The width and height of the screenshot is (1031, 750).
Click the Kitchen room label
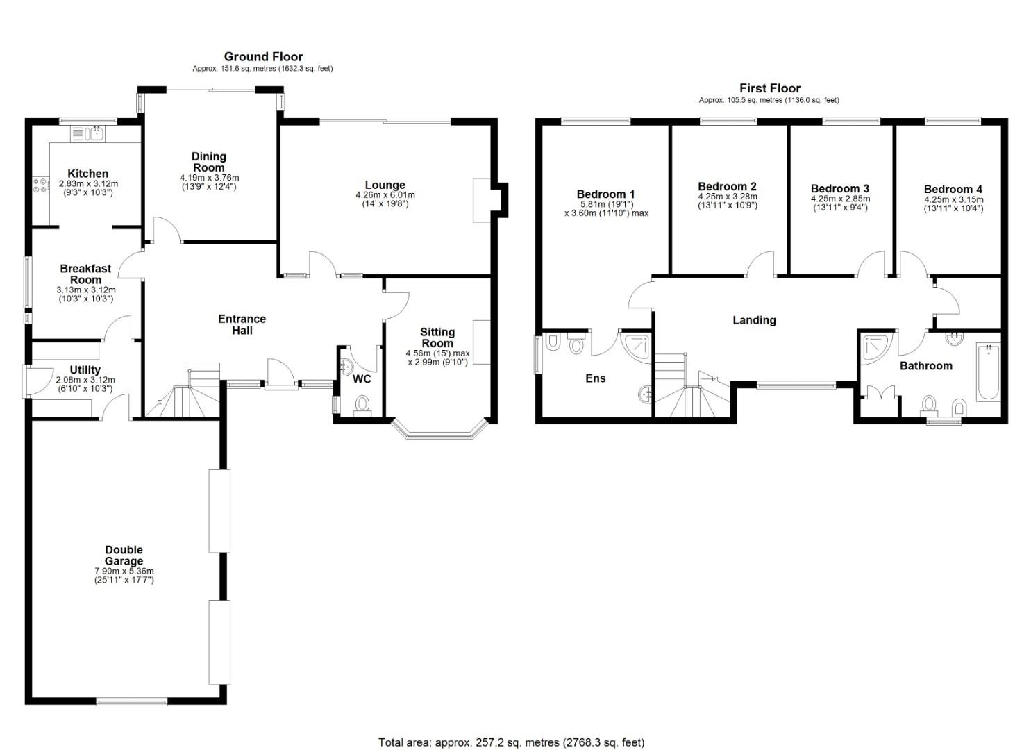87,174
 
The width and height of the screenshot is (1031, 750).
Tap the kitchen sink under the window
92,133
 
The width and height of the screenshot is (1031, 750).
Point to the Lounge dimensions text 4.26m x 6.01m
385,195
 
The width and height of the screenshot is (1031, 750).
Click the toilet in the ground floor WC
362,403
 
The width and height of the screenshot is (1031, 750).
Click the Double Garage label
124,556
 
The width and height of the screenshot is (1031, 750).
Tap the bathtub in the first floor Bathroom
987,372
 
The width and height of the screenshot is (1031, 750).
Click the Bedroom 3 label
839,188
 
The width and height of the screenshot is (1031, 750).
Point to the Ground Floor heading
263,57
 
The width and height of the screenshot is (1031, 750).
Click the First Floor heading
769,88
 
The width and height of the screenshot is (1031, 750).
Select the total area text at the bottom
511,742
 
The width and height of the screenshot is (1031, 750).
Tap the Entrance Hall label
242,324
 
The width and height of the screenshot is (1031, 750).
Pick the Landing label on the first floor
754,320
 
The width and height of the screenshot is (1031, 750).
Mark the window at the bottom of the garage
131,702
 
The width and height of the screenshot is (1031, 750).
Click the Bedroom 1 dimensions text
606,209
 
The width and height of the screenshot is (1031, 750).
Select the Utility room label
85,370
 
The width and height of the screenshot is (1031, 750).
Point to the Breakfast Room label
85,274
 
